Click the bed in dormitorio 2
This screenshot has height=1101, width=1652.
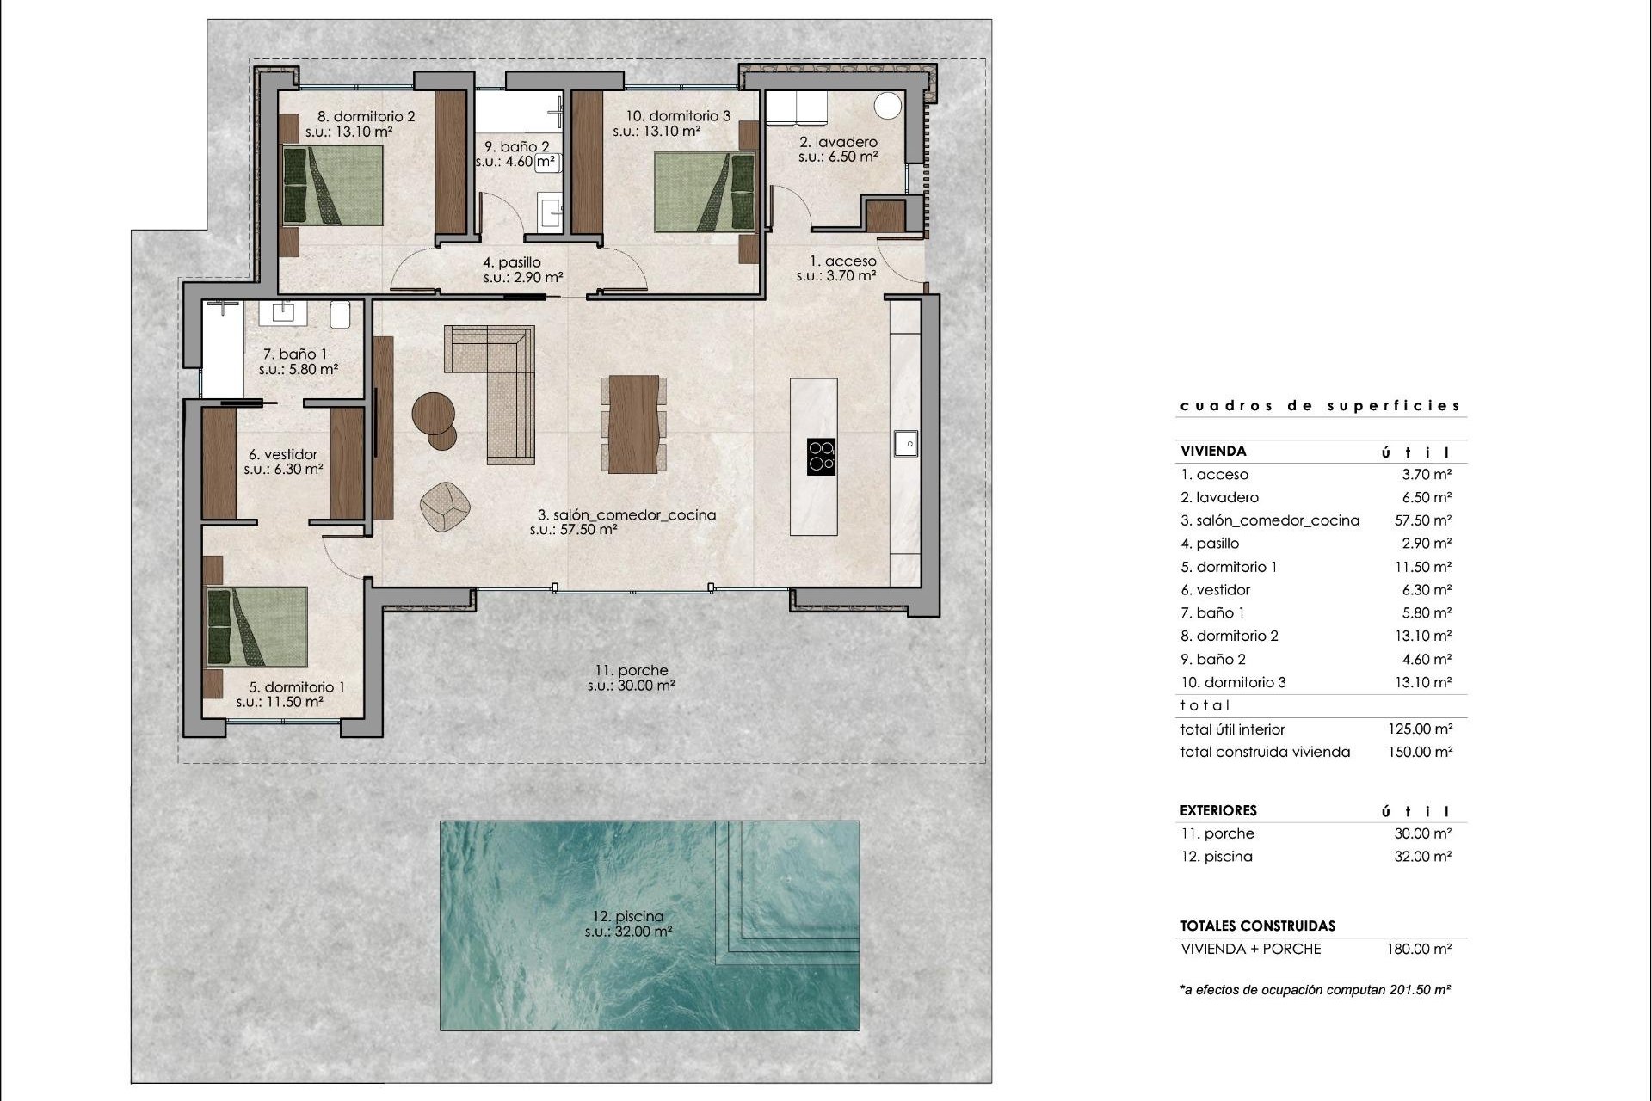pyautogui.click(x=333, y=186)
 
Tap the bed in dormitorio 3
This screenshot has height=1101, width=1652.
pyautogui.click(x=704, y=192)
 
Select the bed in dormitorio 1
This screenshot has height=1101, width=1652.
pyautogui.click(x=257, y=627)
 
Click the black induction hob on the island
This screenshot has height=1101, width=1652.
pyautogui.click(x=821, y=457)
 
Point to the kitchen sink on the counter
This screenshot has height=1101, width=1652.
pyautogui.click(x=905, y=443)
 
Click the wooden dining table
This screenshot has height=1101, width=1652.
pyautogui.click(x=633, y=424)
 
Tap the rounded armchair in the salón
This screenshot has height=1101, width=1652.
pyautogui.click(x=446, y=506)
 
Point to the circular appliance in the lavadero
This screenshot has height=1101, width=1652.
pyautogui.click(x=888, y=107)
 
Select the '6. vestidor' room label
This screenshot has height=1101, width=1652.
pyautogui.click(x=283, y=454)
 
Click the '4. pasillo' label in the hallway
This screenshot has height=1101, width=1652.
pyautogui.click(x=512, y=262)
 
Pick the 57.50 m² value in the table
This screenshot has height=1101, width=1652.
pyautogui.click(x=1423, y=520)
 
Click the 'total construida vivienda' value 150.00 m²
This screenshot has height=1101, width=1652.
pyautogui.click(x=1420, y=752)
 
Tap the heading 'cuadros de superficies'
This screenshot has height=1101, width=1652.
pyautogui.click(x=1320, y=406)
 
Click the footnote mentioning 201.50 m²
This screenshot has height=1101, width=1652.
pyautogui.click(x=1316, y=990)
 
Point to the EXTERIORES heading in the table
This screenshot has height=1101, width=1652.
pyautogui.click(x=1218, y=810)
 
